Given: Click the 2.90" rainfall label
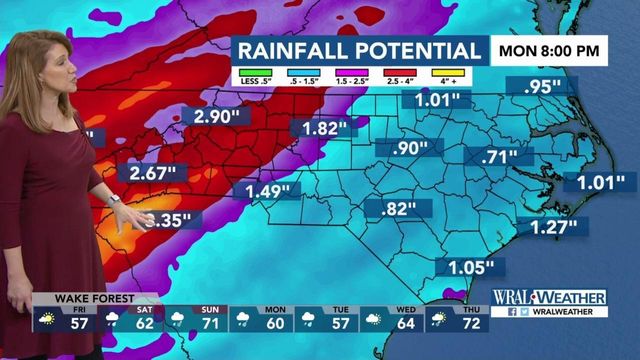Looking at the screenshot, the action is pyautogui.click(x=215, y=118).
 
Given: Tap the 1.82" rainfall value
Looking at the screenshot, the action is pyautogui.click(x=323, y=128).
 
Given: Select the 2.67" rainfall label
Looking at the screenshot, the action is pyautogui.click(x=153, y=174).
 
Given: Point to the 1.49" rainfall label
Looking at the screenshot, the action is pyautogui.click(x=267, y=190).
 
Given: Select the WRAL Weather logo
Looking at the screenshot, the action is pyautogui.click(x=549, y=298).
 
